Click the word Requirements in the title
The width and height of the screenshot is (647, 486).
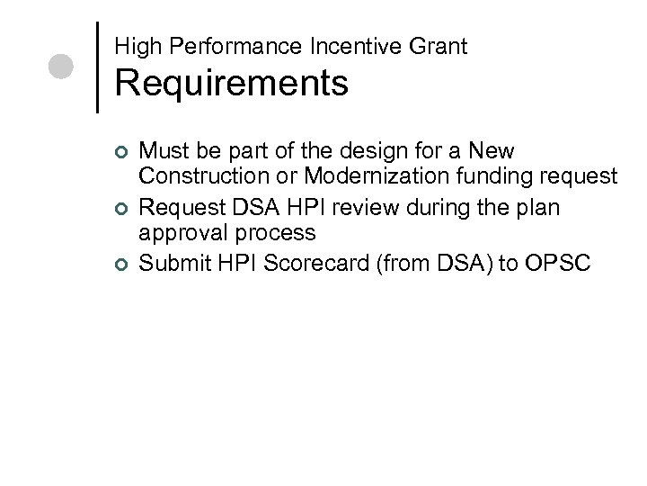click(231, 84)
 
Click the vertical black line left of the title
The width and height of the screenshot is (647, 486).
click(96, 67)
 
